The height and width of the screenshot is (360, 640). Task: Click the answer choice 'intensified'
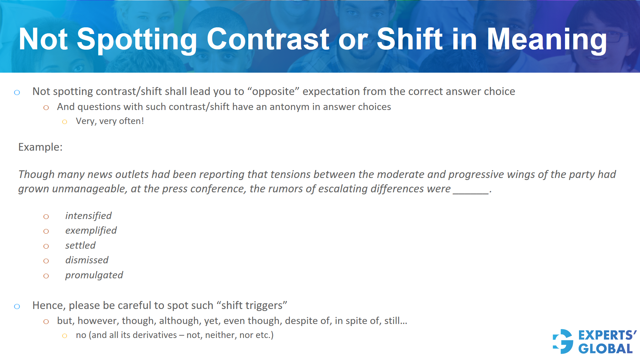(88, 216)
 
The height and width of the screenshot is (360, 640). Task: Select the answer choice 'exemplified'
(91, 231)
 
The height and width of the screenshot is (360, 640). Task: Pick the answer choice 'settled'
(80, 246)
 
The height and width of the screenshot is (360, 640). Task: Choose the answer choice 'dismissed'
(87, 260)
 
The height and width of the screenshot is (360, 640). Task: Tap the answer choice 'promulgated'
(94, 275)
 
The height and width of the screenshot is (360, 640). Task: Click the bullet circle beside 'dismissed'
(46, 261)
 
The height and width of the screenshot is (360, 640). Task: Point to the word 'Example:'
(40, 147)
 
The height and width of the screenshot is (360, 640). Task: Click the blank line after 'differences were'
(470, 190)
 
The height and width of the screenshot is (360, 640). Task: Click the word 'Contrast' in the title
(268, 40)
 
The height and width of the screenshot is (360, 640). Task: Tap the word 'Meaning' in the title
(547, 40)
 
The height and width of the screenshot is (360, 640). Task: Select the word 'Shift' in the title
(410, 40)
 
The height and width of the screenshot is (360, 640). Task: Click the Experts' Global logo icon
(563, 342)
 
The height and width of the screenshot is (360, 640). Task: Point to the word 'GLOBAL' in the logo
(605, 349)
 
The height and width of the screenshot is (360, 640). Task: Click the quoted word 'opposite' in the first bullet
(273, 92)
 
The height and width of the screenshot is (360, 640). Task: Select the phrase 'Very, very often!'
(110, 121)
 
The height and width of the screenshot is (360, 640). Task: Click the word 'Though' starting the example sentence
(36, 175)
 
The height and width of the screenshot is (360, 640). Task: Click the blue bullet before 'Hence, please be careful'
(17, 306)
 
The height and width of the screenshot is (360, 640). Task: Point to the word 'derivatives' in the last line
(155, 335)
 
